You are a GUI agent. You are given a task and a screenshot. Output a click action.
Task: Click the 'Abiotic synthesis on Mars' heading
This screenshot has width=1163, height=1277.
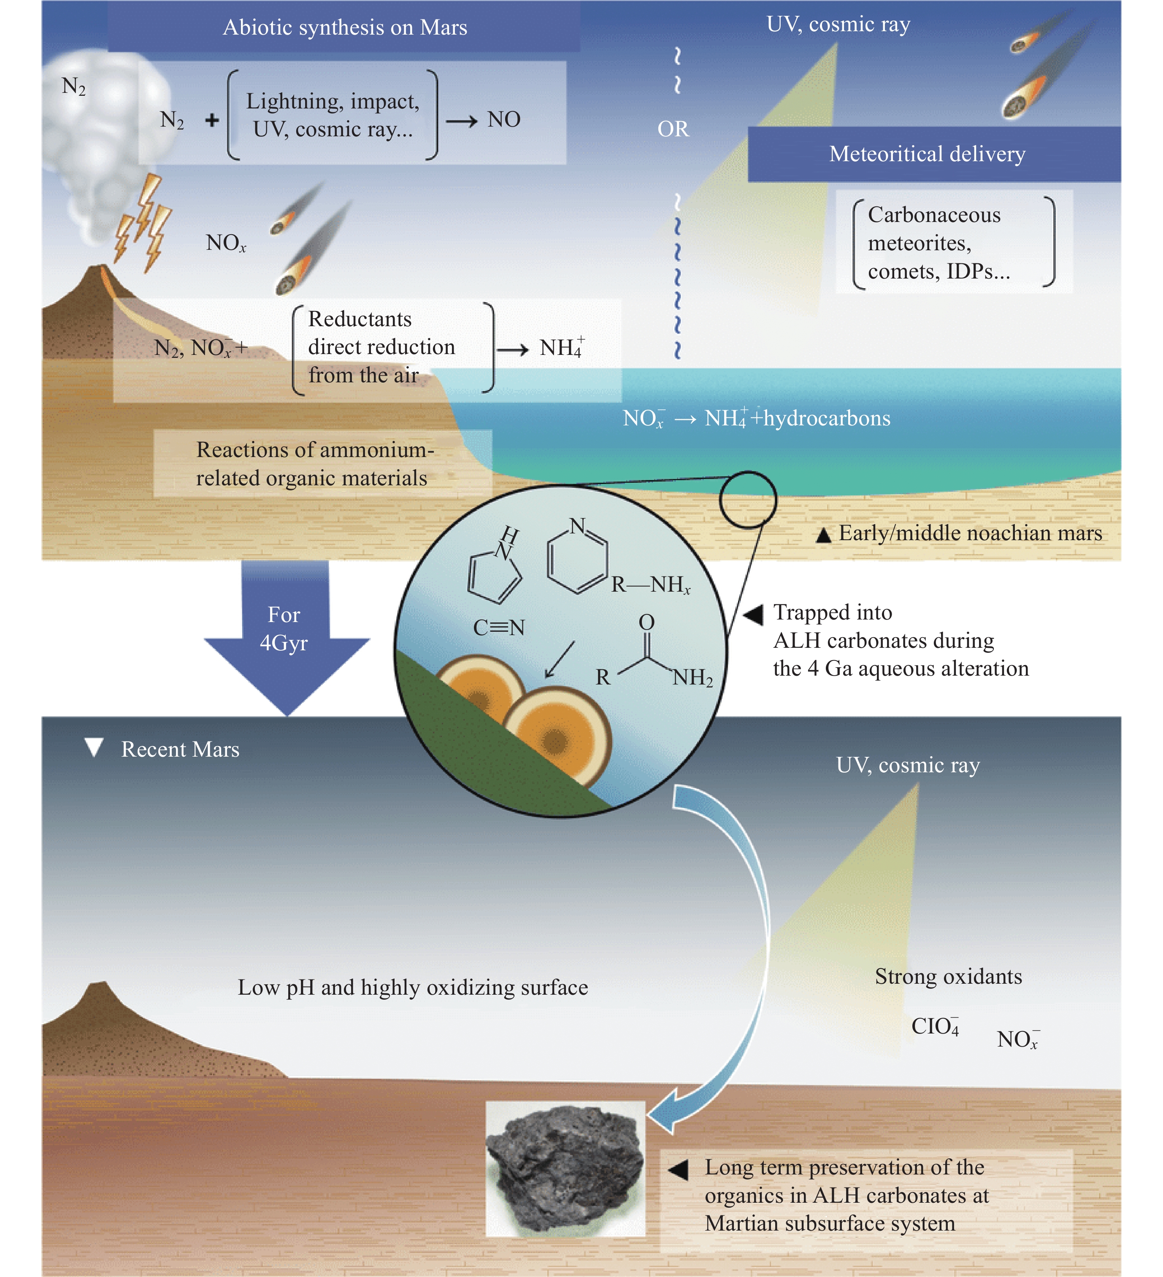tap(345, 28)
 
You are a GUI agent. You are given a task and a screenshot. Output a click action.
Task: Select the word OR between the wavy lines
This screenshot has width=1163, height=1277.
tap(673, 129)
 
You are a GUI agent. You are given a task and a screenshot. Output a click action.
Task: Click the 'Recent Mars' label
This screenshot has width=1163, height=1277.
tap(180, 749)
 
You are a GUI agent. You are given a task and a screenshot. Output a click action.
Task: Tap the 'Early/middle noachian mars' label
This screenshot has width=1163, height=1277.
tap(970, 533)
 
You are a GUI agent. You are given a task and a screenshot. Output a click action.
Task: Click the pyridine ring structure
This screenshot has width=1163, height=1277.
tap(576, 557)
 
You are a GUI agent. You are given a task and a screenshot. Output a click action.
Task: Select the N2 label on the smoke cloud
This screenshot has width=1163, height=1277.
tap(73, 86)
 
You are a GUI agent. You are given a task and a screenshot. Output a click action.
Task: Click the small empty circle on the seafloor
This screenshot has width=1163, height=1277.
tap(747, 500)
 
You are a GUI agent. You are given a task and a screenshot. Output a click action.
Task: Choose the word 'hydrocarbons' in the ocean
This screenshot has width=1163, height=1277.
tap(827, 419)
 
